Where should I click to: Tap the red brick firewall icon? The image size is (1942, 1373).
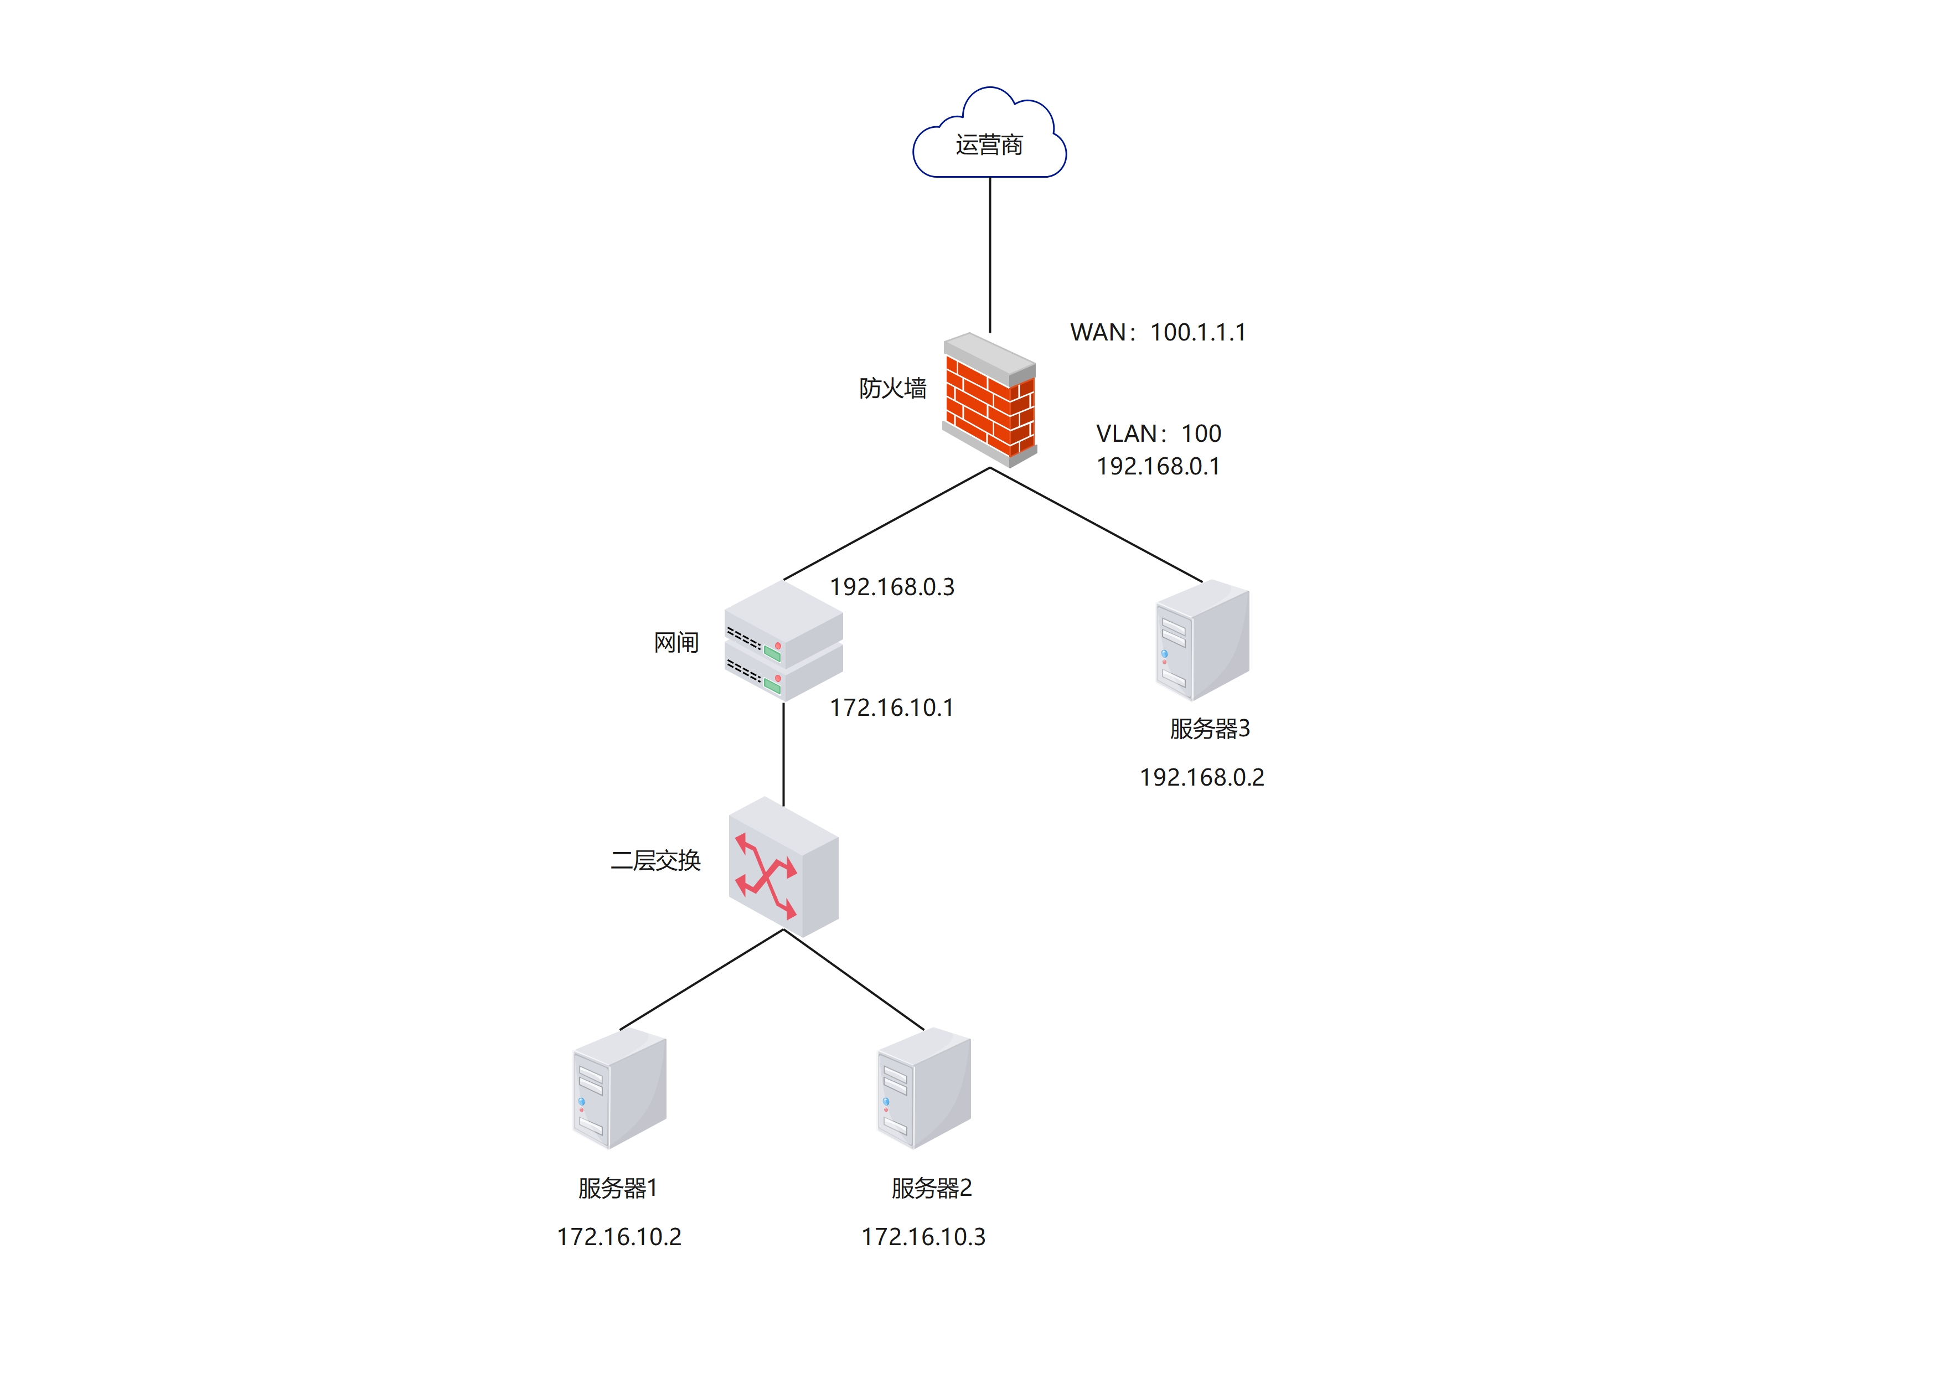[x=990, y=399]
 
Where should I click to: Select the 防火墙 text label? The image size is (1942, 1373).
[x=892, y=388]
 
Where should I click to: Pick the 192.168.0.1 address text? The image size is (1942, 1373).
[x=1158, y=466]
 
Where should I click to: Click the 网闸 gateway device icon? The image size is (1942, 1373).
[x=783, y=641]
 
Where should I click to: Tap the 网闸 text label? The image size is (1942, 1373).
[x=676, y=643]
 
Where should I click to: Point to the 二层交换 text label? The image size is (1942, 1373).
[x=655, y=860]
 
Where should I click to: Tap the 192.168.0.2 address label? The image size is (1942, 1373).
[x=1202, y=777]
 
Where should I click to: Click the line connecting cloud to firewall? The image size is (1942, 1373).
[x=990, y=254]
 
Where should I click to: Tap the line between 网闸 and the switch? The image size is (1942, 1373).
[x=783, y=753]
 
